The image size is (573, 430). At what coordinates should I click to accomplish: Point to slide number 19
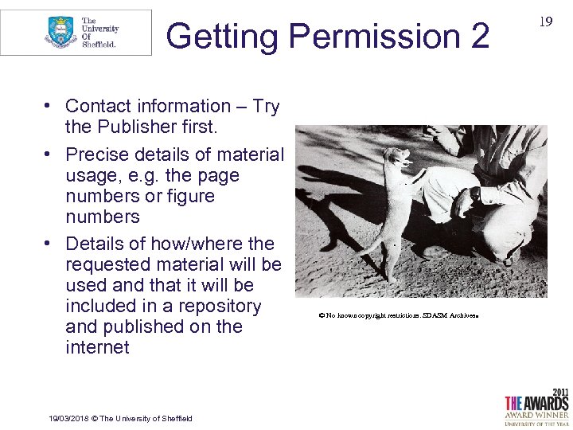coord(545,21)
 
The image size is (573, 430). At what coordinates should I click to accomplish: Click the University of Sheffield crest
coord(60,32)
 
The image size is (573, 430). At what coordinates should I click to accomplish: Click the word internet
coord(97,347)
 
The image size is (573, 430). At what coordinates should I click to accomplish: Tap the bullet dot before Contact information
coord(49,106)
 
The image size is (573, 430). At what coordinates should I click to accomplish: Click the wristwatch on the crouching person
coord(475,193)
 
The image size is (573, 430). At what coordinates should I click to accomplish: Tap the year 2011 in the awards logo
coord(559,392)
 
